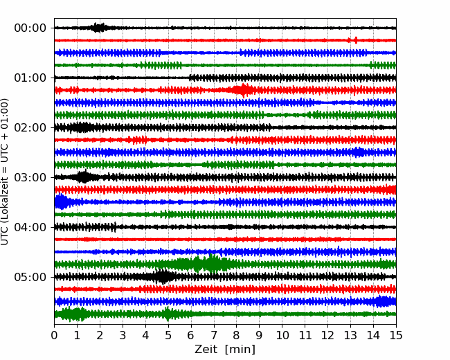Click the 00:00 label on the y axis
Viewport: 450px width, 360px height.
pos(30,28)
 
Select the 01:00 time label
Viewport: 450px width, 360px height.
pos(30,78)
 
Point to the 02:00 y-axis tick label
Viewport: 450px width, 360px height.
pos(30,127)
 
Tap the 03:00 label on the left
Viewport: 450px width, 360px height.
pos(30,177)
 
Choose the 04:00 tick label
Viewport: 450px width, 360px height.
pos(30,227)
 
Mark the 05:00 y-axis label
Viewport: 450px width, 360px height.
pos(30,277)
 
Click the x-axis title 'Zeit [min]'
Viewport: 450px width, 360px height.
pos(225,350)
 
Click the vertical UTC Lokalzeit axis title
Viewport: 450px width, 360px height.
pos(6,171)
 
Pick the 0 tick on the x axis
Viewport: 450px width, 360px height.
pos(55,336)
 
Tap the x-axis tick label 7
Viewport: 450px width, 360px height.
pos(214,336)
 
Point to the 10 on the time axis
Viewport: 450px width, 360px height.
pos(282,336)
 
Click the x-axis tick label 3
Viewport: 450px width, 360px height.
pos(123,336)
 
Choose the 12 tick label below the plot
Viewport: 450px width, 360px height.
pos(327,336)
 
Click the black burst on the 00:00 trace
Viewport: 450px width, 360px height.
pos(99,28)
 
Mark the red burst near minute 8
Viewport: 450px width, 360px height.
pos(242,90)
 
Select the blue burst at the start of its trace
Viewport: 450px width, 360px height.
pos(61,202)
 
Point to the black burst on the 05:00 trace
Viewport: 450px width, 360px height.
pos(163,277)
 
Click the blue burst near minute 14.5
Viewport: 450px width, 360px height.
pos(383,301)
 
